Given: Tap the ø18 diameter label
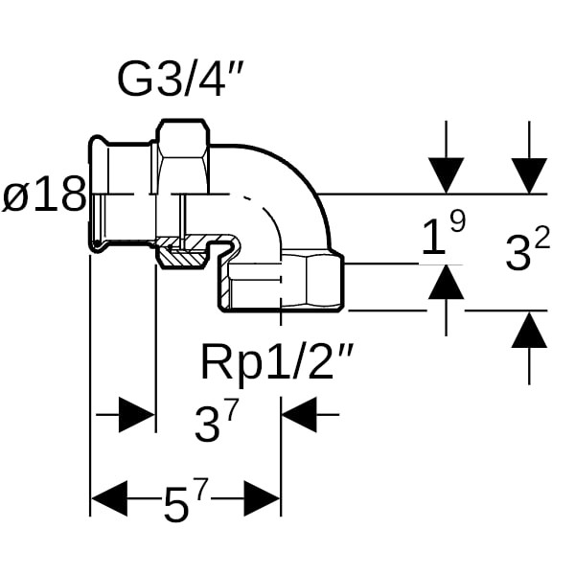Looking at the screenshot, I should point(42,196).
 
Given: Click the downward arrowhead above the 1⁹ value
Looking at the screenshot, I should point(446,175).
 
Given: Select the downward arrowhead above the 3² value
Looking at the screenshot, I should point(529,175).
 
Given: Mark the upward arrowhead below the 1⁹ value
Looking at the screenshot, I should point(446,282).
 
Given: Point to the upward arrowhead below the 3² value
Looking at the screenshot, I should point(529,330).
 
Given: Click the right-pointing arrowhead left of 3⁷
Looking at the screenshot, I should point(136,416).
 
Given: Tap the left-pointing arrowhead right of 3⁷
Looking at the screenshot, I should point(299,416).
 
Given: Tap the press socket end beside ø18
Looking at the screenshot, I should point(118,192).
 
